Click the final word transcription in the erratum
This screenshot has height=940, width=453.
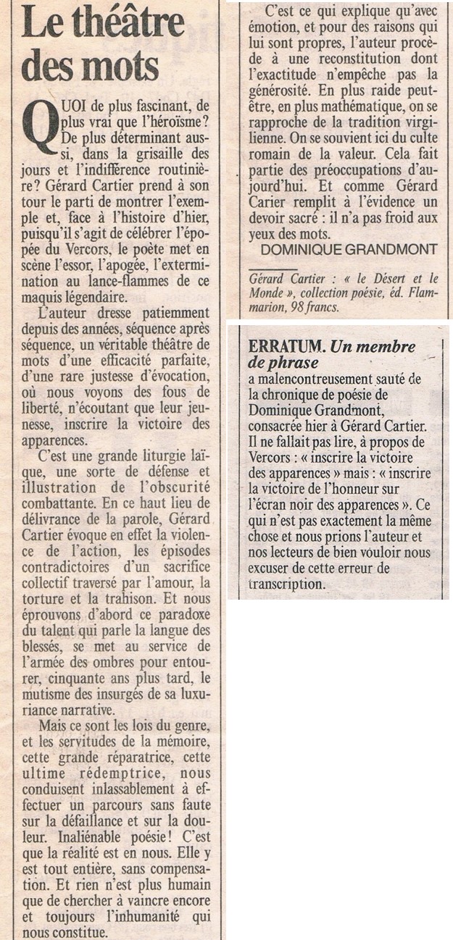click(x=284, y=585)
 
